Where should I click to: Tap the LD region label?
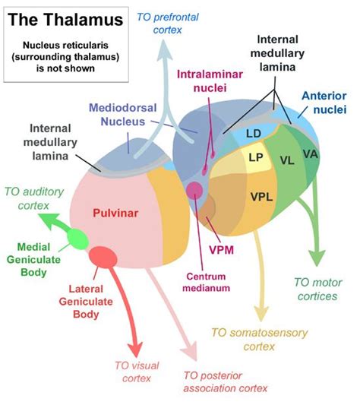point(254,134)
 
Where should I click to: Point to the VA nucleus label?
point(310,153)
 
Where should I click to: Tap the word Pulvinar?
point(115,214)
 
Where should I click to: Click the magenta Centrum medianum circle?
point(194,190)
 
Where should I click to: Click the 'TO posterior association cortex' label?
point(226,382)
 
